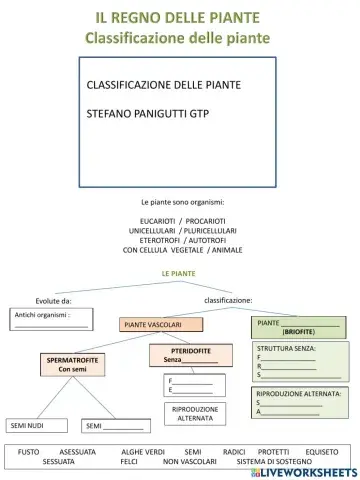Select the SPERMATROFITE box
[72, 364]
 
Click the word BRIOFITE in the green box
[298, 331]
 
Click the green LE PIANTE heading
[179, 273]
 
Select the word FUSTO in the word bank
[29, 452]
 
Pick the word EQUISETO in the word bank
[322, 452]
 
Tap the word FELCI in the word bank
[129, 462]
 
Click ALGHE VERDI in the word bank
[143, 452]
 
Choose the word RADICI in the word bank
[234, 452]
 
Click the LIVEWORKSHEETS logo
[307, 468]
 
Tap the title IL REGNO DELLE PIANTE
[179, 18]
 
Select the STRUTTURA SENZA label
[286, 348]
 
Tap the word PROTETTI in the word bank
[273, 452]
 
